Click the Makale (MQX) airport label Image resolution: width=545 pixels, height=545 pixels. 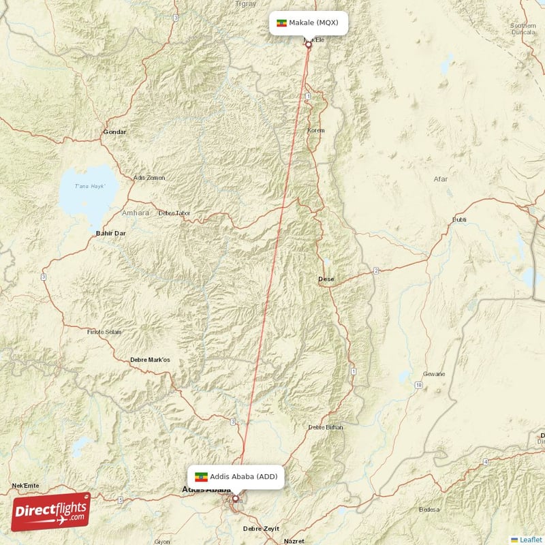[308, 22]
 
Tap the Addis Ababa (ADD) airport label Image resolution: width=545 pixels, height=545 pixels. [236, 476]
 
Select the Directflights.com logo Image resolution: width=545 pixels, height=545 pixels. [50, 512]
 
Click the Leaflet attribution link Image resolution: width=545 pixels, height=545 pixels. [530, 540]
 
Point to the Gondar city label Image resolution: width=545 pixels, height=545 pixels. [114, 131]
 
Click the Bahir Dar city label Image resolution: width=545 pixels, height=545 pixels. [110, 234]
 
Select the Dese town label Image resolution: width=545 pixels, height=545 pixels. [326, 279]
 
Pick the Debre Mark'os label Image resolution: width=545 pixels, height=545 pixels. [149, 360]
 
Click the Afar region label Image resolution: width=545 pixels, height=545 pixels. [441, 179]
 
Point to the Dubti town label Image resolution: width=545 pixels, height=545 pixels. [460, 220]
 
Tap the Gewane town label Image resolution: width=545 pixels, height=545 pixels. [434, 374]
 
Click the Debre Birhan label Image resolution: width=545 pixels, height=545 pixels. [326, 427]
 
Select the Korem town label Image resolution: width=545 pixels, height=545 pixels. [316, 130]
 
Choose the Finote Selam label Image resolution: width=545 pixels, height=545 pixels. [104, 332]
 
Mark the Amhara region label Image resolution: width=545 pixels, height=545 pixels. [135, 213]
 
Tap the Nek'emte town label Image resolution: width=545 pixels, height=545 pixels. [25, 486]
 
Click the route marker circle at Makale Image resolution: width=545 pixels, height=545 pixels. [308, 45]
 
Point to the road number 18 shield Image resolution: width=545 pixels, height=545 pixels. [418, 386]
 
